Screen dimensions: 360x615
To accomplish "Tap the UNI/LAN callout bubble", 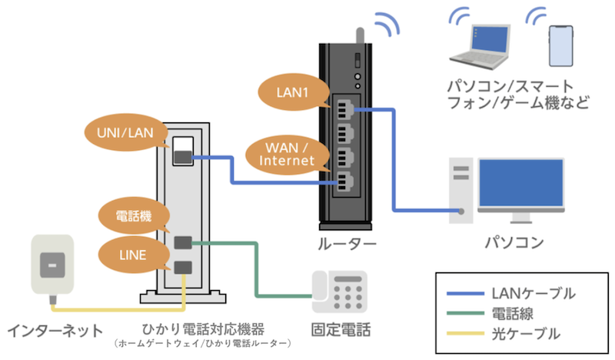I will pyautogui.click(x=126, y=132).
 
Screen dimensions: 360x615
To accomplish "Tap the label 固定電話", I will pyautogui.click(x=341, y=332).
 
